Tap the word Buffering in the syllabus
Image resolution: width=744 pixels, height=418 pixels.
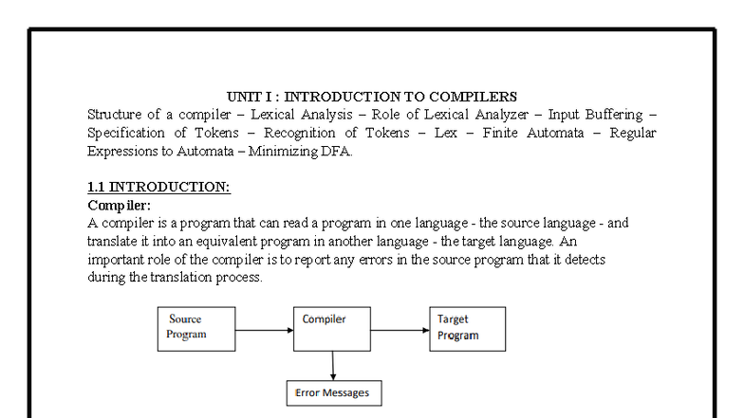point(614,115)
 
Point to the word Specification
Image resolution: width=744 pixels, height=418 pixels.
point(125,133)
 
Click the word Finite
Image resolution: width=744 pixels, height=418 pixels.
point(499,133)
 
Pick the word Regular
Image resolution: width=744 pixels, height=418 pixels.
point(632,133)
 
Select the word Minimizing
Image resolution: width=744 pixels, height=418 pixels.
point(283,152)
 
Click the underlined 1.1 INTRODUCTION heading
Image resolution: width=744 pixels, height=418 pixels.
point(159,188)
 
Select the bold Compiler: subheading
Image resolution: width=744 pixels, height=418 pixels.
point(120,206)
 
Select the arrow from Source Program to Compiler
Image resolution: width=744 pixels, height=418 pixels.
point(264,330)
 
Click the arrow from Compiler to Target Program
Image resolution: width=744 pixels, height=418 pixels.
point(400,330)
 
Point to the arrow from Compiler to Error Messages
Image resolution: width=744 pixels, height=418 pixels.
point(332,366)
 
